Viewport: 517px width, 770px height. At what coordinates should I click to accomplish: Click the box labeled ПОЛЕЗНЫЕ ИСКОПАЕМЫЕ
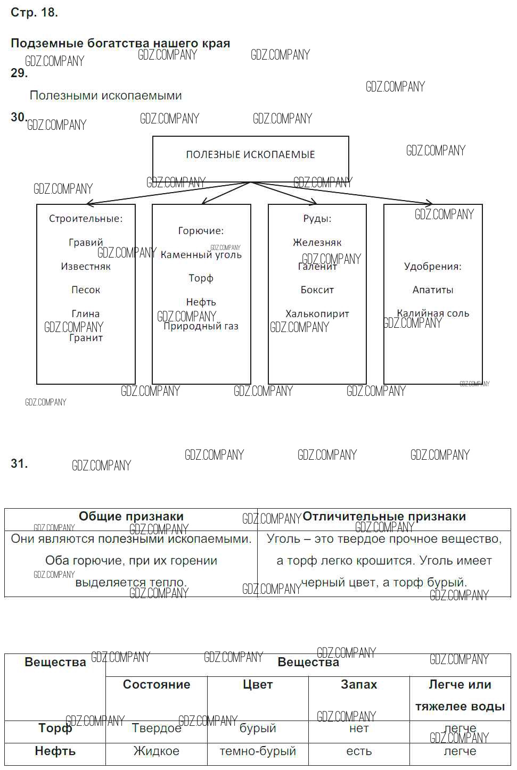[x=250, y=154]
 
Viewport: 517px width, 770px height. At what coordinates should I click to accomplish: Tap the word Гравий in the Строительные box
[x=86, y=243]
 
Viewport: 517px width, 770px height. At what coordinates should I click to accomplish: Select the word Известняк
[x=86, y=267]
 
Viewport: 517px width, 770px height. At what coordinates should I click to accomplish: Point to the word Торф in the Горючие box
[x=201, y=278]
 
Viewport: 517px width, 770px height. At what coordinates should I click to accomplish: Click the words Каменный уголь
[x=201, y=255]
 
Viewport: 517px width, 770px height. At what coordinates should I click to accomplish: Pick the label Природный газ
[x=201, y=326]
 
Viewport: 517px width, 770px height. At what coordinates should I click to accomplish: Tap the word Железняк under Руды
[x=317, y=243]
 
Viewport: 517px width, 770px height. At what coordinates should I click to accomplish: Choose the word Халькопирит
[x=317, y=314]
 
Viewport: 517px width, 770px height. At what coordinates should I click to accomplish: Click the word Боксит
[x=317, y=290]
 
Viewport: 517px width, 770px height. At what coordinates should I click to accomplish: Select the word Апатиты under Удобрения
[x=433, y=290]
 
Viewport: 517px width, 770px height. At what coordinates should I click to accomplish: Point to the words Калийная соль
[x=433, y=313]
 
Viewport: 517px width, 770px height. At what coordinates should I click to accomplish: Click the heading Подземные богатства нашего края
[x=120, y=44]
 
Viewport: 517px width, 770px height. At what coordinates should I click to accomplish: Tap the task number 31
[x=19, y=463]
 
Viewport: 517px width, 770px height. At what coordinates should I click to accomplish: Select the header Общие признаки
[x=131, y=516]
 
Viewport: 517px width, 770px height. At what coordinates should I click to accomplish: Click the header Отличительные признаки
[x=384, y=516]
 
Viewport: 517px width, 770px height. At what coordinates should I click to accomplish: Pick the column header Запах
[x=359, y=684]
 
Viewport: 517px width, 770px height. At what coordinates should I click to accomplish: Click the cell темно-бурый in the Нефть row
[x=258, y=751]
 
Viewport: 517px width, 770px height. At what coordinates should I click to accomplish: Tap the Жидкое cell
[x=156, y=751]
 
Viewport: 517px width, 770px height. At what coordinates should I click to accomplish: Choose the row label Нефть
[x=55, y=751]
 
